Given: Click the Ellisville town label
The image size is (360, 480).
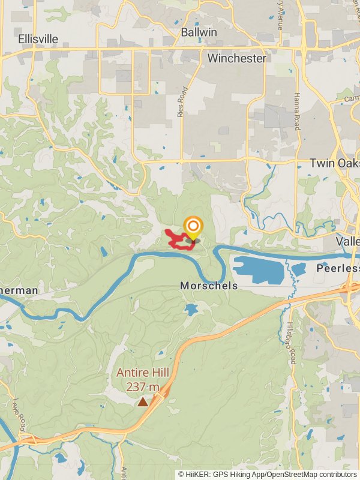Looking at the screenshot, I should point(38,39).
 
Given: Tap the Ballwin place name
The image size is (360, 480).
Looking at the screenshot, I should point(199,31).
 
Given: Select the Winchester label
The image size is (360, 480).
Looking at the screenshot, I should point(236,58).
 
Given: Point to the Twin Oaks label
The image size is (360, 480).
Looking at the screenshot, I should point(334,163).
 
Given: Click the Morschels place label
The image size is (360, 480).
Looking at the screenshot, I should point(209,286).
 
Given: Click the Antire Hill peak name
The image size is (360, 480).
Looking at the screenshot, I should point(143,373).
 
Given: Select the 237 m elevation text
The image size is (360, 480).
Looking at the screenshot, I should point(143,386).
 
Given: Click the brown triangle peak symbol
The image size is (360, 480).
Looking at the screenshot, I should point(143,401).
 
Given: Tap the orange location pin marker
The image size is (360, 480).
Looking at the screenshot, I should point(193,228).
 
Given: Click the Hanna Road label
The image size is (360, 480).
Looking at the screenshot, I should point(296,111).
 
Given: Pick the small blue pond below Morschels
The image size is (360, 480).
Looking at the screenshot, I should point(191,310).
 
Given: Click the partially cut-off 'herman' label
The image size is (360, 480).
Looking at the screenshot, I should point(19,290).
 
